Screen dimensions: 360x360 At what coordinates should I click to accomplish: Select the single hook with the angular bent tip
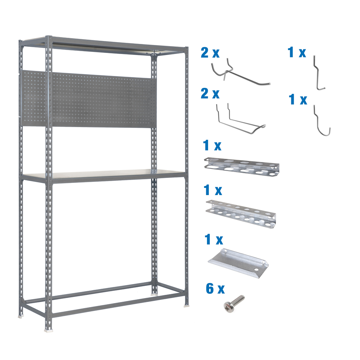pos(318,72)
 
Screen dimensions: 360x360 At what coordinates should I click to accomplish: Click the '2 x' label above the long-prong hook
pos(210,53)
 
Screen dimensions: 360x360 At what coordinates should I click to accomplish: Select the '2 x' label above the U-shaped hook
pos(210,94)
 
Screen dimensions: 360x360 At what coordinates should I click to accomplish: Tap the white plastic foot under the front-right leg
pos(186,306)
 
